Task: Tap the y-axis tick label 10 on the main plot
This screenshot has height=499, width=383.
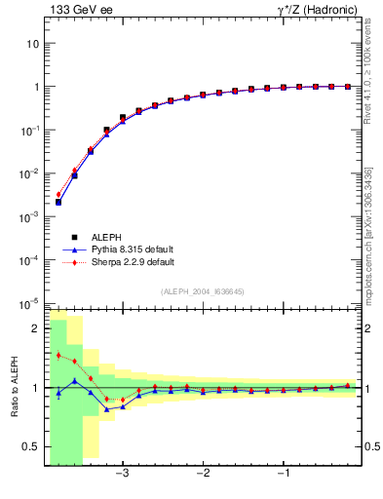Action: pyautogui.click(x=32, y=44)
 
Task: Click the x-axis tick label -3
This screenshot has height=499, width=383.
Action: pyautogui.click(x=122, y=474)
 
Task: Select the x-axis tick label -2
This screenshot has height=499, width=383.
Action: pyautogui.click(x=203, y=474)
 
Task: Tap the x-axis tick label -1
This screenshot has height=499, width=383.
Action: pyautogui.click(x=284, y=474)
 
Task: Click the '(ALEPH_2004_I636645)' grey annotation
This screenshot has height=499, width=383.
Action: pyautogui.click(x=203, y=291)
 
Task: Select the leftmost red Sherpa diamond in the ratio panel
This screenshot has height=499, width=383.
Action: pyautogui.click(x=58, y=355)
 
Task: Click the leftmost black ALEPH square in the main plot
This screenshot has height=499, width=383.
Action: pyautogui.click(x=58, y=202)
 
